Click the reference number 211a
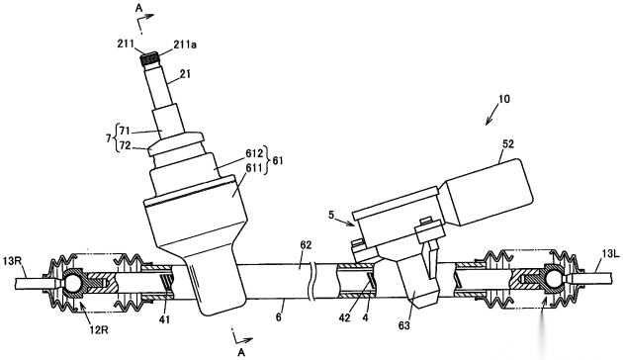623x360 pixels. [184, 45]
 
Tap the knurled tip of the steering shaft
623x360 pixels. [149, 59]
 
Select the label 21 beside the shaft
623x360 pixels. [185, 74]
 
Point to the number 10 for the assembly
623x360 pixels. [503, 99]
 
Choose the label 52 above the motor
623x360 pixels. [508, 143]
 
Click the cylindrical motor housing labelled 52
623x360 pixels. [489, 190]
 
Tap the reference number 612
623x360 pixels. [255, 153]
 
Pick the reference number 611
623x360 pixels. [255, 168]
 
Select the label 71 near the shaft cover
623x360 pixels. [125, 130]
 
